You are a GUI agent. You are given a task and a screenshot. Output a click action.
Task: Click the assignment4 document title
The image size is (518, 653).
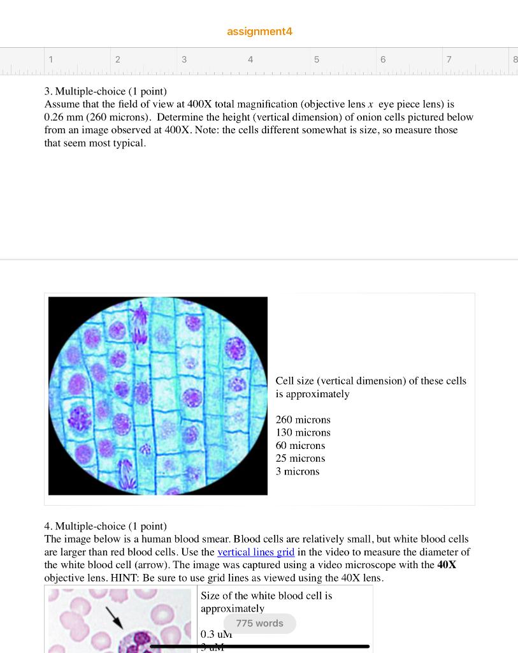[x=259, y=31]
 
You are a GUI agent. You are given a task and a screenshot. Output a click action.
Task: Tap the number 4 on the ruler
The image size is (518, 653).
[x=250, y=59]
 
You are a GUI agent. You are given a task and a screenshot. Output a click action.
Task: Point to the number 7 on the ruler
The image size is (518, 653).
[x=449, y=59]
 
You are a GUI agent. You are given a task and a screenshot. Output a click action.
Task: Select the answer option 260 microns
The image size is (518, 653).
[x=303, y=420]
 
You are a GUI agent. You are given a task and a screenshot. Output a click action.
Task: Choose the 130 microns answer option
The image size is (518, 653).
[x=303, y=432]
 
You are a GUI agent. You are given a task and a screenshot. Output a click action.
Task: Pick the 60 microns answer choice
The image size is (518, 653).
[x=300, y=446]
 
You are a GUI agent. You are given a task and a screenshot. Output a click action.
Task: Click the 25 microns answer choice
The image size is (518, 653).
[x=300, y=459]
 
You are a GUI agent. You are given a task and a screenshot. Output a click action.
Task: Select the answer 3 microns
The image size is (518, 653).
[x=298, y=471]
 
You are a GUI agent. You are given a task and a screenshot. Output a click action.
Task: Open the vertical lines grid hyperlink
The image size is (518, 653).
[x=255, y=552]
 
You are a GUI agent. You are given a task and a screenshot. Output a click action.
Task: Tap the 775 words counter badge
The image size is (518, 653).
[x=259, y=623]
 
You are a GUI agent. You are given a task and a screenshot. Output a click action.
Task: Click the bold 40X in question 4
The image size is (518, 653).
[x=447, y=565]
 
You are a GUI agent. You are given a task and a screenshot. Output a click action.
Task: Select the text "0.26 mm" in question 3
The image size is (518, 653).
[x=62, y=117]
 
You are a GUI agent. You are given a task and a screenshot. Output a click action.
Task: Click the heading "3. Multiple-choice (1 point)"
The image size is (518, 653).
[x=105, y=91]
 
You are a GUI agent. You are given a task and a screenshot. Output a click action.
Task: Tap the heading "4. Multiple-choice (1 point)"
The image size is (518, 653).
[x=105, y=526]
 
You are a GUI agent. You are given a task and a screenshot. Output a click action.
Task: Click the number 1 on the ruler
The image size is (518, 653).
[x=51, y=59]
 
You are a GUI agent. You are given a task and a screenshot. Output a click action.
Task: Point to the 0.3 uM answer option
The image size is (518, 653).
[x=216, y=635]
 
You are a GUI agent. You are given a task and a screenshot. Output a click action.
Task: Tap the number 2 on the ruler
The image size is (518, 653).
[x=117, y=59]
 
